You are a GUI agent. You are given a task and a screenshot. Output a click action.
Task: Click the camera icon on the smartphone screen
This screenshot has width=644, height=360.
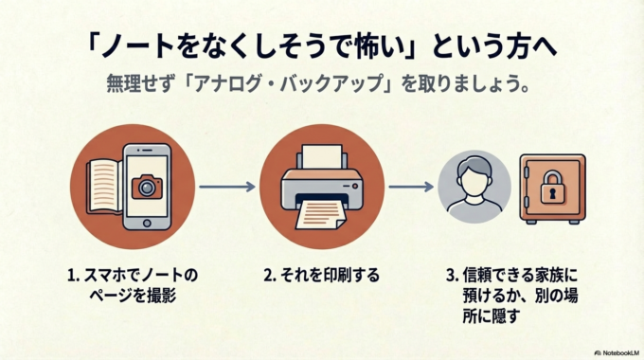click(x=145, y=187)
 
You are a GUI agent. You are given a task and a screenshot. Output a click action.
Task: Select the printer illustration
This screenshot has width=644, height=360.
click(x=322, y=184)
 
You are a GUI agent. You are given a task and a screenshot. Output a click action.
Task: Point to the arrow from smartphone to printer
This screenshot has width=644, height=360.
click(x=226, y=187)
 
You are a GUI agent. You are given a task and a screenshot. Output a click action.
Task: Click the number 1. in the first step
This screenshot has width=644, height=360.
click(x=71, y=276)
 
